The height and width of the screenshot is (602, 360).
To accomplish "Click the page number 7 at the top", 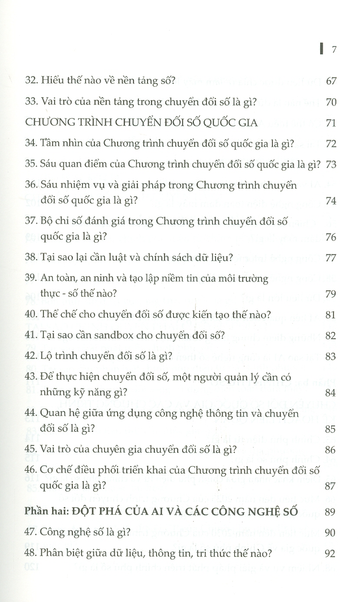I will (334, 49).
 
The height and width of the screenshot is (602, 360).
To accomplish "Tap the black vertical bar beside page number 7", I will (321, 49).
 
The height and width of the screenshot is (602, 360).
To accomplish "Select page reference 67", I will (331, 82).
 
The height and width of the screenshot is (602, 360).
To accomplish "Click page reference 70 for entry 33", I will (331, 103).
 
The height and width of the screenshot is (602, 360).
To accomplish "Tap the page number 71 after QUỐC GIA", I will (331, 123).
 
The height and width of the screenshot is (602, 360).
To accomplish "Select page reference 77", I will (331, 258).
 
